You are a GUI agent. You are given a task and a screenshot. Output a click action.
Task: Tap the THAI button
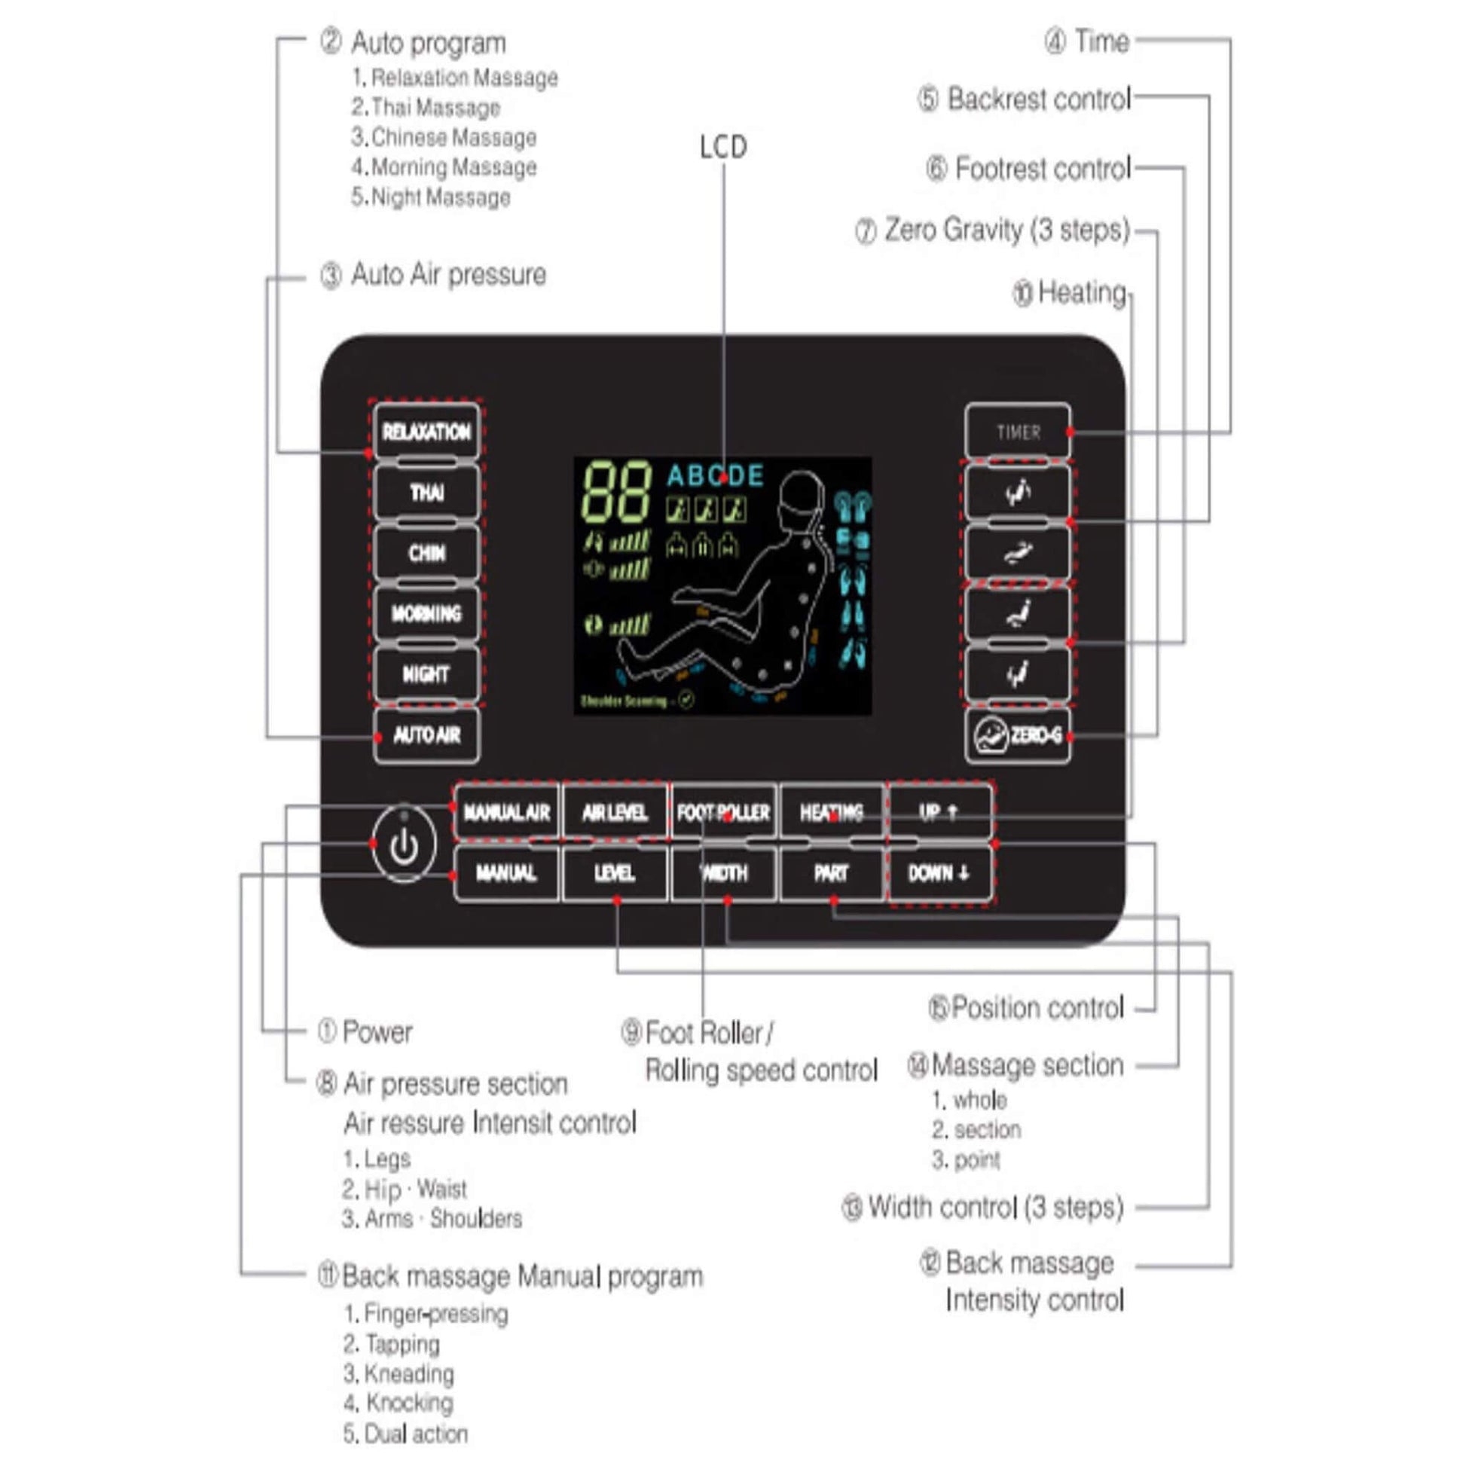click(x=426, y=493)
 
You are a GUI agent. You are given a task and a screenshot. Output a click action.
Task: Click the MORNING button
click(x=426, y=613)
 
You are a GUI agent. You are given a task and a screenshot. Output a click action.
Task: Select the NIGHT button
click(x=426, y=673)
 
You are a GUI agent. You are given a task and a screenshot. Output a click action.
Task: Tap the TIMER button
click(x=1018, y=432)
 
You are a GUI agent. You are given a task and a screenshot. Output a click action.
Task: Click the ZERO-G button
click(x=1018, y=735)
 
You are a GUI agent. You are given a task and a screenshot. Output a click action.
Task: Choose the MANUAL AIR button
click(x=506, y=813)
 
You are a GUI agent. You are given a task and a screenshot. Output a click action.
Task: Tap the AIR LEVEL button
click(x=615, y=813)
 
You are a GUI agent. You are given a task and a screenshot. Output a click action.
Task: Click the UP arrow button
click(x=939, y=813)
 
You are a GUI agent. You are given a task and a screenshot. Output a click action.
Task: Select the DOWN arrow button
click(x=939, y=873)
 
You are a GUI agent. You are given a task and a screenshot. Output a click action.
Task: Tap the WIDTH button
click(x=724, y=873)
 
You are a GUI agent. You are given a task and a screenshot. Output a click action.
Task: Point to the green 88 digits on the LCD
click(x=616, y=491)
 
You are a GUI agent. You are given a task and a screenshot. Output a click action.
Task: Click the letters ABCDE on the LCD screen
click(x=715, y=476)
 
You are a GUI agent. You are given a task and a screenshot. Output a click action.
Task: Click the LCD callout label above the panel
click(x=723, y=146)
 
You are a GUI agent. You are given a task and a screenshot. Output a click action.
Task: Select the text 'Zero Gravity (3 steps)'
click(x=1006, y=229)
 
